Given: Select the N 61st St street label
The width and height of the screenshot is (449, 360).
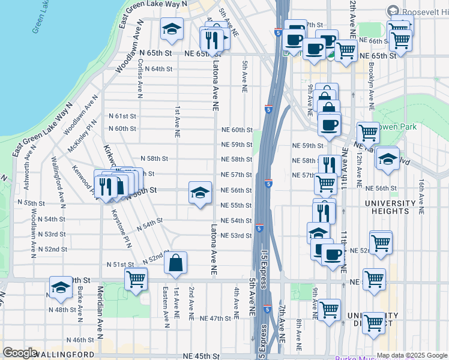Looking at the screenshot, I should (x=122, y=116).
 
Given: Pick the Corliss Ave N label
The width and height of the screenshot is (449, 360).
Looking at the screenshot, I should (x=140, y=83).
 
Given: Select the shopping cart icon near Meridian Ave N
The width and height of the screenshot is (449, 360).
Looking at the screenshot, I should (x=136, y=278).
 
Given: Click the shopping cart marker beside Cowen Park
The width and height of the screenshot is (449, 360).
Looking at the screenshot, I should (x=367, y=134).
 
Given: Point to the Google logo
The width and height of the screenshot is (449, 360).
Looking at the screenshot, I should (x=20, y=353).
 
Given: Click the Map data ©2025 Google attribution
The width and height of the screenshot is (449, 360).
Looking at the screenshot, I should (x=411, y=355).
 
